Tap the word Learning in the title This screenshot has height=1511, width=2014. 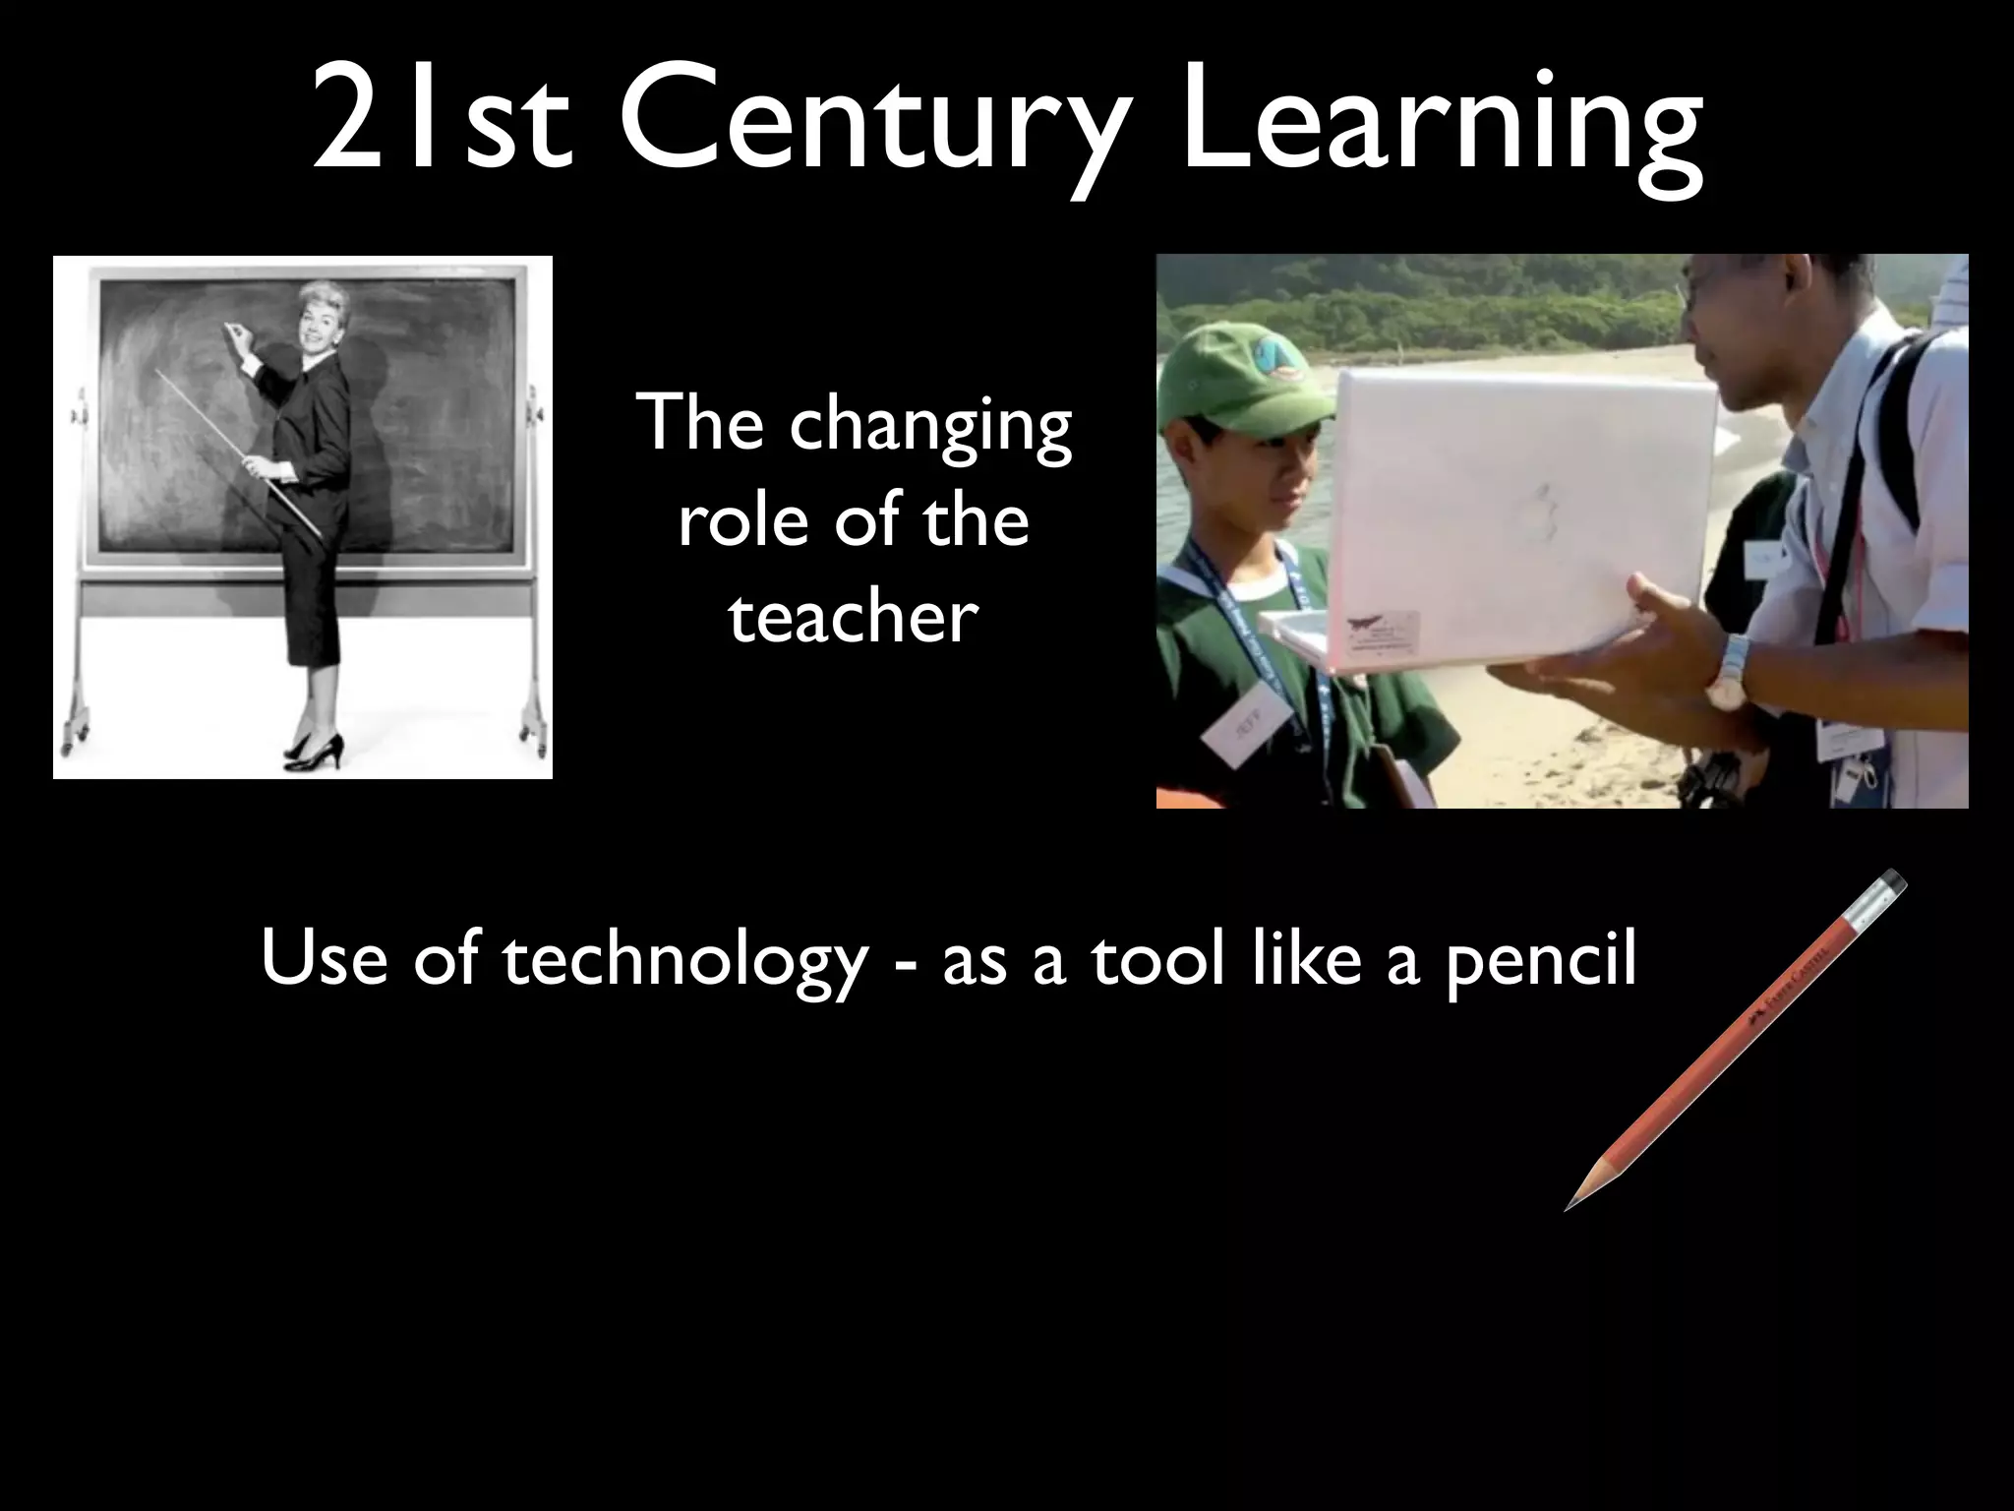coord(1441,128)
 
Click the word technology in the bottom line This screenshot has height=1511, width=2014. coord(684,960)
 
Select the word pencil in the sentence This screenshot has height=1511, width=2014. coord(1541,960)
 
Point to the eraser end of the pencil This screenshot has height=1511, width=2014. coord(1891,882)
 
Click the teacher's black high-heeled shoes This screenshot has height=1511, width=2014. coord(316,750)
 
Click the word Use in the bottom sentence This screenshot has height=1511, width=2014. coord(324,958)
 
